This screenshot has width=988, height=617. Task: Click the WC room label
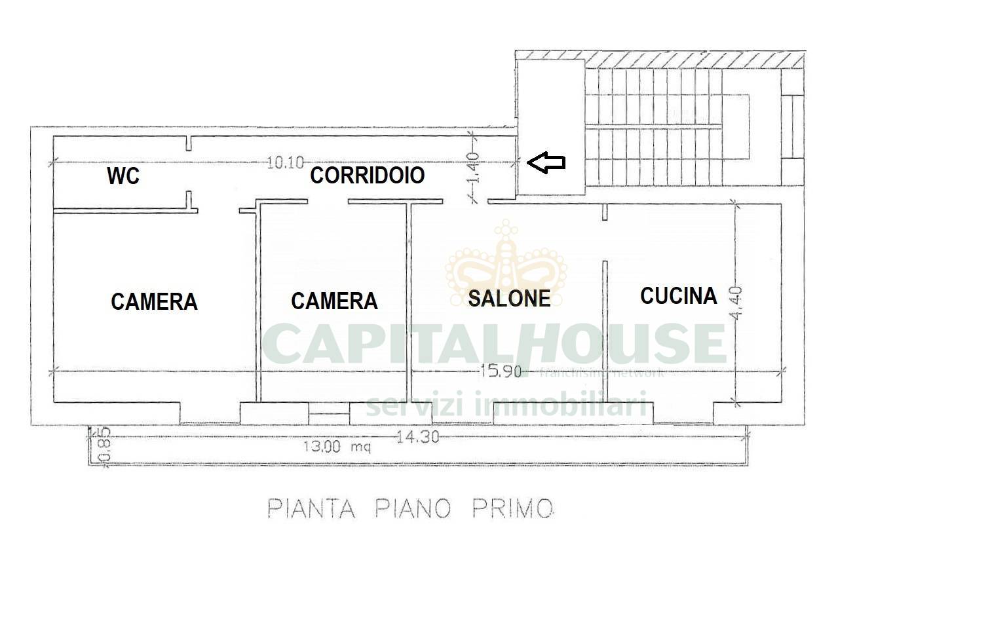coord(123,176)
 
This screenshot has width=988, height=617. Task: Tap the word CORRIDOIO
coord(368,176)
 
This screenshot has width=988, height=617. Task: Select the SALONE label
coord(509,298)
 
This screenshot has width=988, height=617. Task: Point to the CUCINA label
coord(678,295)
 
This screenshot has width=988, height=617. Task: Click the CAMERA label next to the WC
coord(154,301)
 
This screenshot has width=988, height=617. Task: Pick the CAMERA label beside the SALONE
coord(334,301)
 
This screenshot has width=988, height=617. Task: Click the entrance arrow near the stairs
coord(546,163)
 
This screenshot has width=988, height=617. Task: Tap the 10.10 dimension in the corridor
coord(285,162)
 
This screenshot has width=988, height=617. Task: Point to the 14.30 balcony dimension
coord(417,436)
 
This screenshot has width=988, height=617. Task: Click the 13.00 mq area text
coord(336,447)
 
